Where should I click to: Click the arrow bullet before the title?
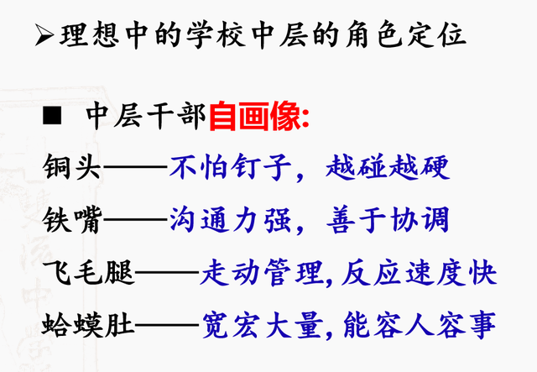pos(44,35)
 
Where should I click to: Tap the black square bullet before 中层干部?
pos(52,115)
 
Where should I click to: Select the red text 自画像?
pos(254,116)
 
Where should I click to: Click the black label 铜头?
pos(72,167)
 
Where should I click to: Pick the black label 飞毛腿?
pos(88,273)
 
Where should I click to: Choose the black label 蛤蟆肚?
pos(88,324)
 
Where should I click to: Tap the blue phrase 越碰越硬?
pos(388,167)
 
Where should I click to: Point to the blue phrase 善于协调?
pos(388,220)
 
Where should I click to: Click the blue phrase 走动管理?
pos(262,273)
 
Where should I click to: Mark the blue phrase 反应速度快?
pos(420,273)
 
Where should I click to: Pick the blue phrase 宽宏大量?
pos(263,324)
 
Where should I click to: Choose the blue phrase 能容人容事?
pos(420,324)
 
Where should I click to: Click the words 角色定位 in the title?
pos(406,35)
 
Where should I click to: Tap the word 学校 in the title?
pos(216,35)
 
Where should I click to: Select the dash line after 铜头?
pos(136,167)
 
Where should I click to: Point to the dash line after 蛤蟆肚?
pos(167,324)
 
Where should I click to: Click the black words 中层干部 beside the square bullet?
pos(146,116)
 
